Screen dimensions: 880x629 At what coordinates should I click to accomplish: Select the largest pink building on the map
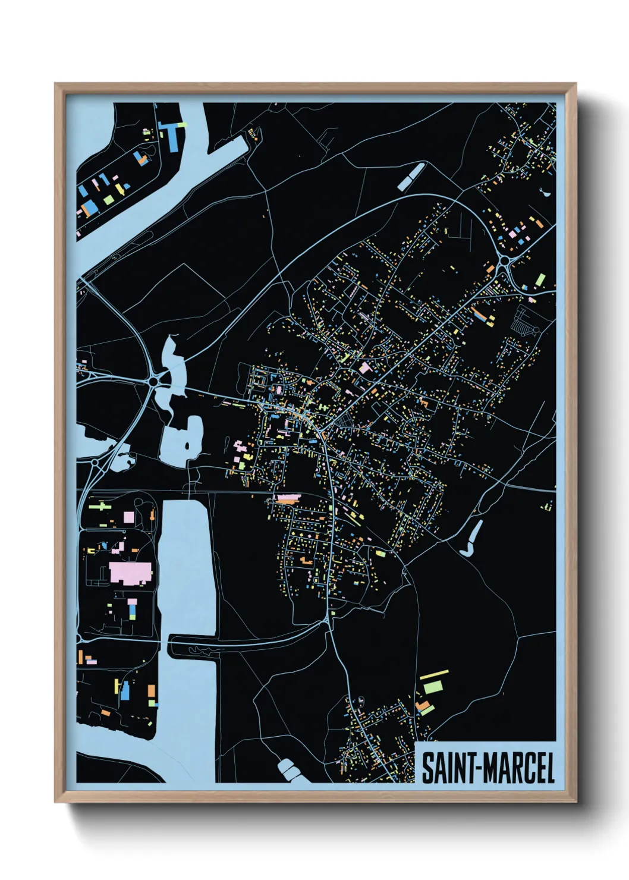coord(130,573)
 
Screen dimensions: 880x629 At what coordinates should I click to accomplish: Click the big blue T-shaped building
coord(172,134)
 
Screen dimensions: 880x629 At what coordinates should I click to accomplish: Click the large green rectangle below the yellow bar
coord(432,687)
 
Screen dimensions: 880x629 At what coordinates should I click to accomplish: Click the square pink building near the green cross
coord(128,517)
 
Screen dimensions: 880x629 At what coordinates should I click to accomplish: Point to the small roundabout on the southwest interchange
coord(96,463)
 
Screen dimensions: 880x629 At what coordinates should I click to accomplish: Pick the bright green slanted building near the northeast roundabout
coord(540,279)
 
